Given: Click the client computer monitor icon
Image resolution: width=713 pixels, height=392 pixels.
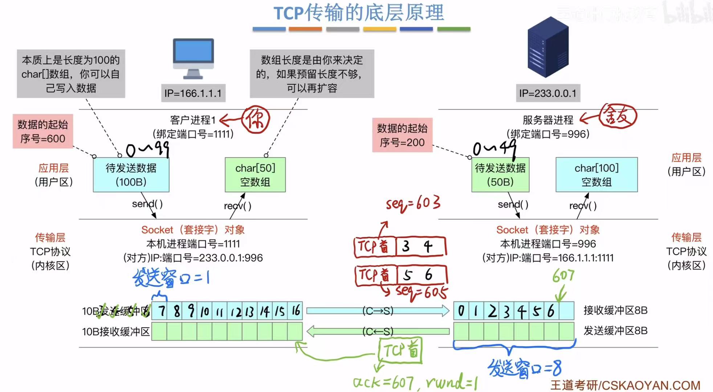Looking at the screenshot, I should tap(193, 58).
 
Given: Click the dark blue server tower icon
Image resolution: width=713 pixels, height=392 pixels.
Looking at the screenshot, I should tap(548, 47).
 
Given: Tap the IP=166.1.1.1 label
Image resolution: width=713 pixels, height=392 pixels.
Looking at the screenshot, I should tap(193, 93).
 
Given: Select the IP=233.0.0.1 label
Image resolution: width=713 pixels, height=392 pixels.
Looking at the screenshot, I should tap(547, 93).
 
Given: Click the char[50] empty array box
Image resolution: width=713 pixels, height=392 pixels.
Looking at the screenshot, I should tap(255, 175).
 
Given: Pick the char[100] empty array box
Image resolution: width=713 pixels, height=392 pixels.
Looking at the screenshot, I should tap(596, 175).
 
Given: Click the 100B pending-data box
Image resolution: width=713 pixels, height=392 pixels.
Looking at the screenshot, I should tap(131, 175).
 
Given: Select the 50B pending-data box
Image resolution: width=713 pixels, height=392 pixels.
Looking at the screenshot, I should tap(500, 175).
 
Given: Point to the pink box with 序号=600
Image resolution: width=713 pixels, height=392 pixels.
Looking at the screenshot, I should tap(43, 132).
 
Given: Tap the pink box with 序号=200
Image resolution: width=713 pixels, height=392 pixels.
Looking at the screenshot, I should tap(402, 135).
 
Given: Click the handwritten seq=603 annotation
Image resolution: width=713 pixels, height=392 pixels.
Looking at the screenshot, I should tap(413, 204).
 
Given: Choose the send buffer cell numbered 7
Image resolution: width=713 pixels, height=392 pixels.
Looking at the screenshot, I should tap(160, 311).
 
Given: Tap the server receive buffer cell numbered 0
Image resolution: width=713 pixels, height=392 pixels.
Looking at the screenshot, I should tap(461, 311).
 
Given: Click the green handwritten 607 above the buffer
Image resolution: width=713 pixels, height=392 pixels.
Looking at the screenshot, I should tap(563, 276).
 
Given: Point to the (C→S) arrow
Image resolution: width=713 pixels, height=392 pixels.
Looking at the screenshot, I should tap(378, 311).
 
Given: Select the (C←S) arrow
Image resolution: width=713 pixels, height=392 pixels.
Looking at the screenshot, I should tap(378, 331).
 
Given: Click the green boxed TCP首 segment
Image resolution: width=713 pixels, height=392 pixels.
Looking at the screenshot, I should tap(400, 350).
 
